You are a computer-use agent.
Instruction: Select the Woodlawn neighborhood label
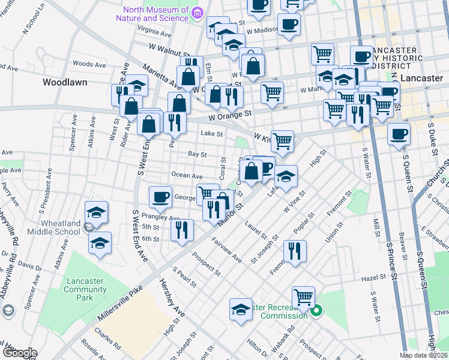64,82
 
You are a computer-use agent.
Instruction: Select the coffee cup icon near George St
160,196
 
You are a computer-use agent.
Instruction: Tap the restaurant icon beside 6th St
181,229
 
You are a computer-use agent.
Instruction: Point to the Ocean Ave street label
187,176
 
